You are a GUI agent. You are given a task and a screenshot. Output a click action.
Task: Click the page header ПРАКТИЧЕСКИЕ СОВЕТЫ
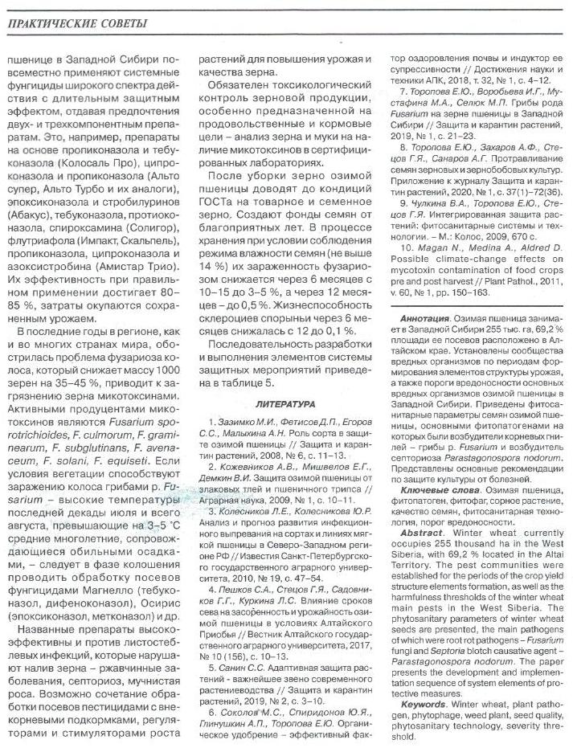(77, 24)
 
